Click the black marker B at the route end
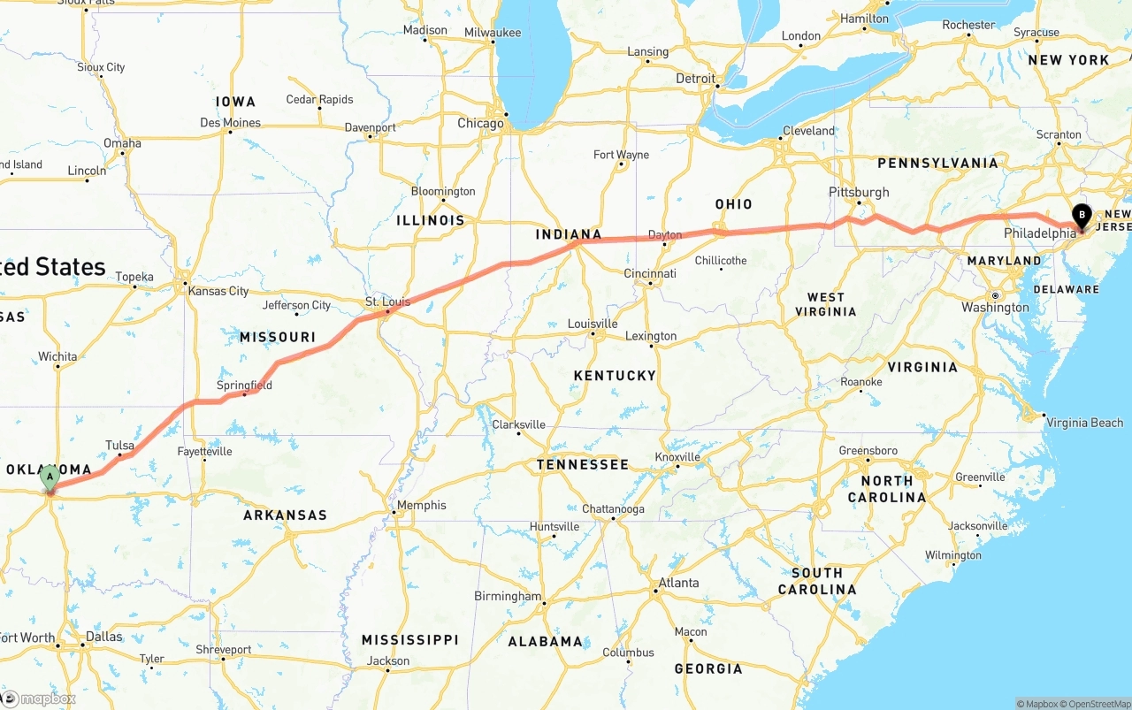[1082, 215]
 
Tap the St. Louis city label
[387, 302]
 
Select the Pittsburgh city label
[859, 192]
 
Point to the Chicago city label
[480, 124]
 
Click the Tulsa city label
[119, 445]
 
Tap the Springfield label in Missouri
[244, 386]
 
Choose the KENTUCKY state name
[615, 376]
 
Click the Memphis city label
[422, 505]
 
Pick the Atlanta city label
[678, 583]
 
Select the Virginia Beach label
[1084, 423]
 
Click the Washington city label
[995, 308]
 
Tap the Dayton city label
[665, 234]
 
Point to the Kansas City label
[218, 291]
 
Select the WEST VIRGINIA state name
[825, 304]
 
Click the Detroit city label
[696, 79]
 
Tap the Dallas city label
[104, 637]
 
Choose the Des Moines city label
[230, 123]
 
